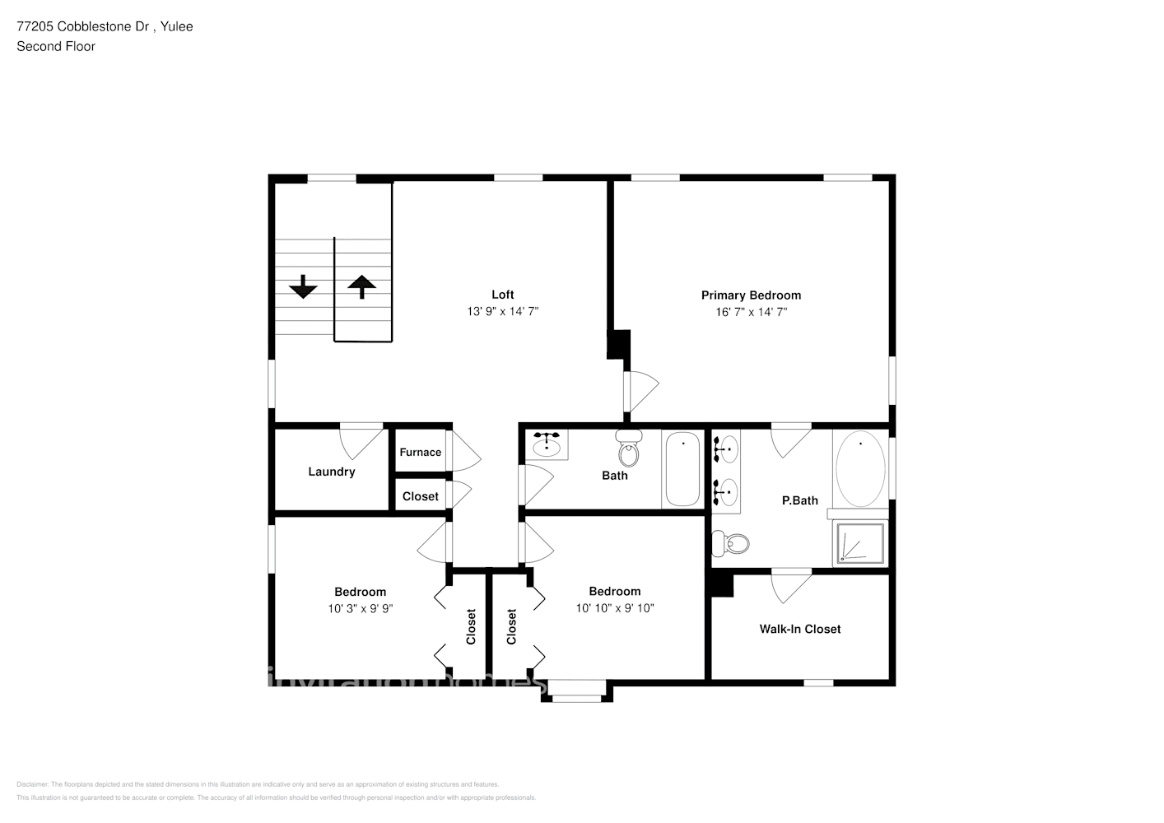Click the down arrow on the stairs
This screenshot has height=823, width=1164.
303,286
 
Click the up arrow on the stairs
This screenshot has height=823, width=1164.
361,286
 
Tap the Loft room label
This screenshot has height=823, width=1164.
502,295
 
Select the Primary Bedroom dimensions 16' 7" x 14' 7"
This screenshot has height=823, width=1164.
751,312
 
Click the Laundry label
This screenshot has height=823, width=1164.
331,472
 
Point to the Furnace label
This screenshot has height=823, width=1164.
420,452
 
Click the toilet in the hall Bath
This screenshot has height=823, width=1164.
629,451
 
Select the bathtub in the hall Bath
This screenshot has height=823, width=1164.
682,469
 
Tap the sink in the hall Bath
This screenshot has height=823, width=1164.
547,447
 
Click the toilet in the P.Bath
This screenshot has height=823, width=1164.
732,543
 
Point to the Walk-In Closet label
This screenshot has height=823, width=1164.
799,629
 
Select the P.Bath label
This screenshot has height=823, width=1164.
799,500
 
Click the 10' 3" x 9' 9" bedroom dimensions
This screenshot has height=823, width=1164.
360,608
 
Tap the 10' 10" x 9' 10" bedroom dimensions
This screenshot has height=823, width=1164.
614,608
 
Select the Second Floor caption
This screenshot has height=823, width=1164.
56,46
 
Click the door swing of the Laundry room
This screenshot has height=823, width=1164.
359,440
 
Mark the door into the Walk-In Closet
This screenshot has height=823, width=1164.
790,586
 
